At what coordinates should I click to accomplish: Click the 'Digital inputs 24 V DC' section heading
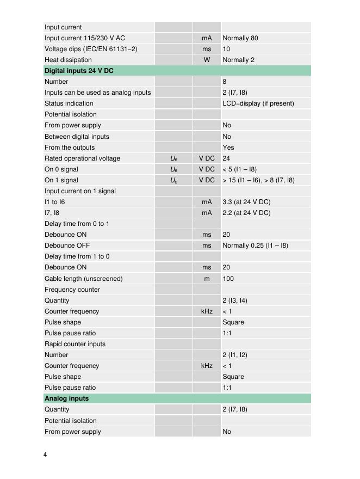(x=79, y=71)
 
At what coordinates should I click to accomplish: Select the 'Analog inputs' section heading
(x=66, y=398)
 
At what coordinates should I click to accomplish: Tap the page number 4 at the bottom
(x=45, y=455)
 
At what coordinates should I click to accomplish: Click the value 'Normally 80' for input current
(x=240, y=38)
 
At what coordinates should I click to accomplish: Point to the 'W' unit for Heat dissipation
(x=207, y=60)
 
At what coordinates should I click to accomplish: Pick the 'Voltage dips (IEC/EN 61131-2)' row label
(x=91, y=49)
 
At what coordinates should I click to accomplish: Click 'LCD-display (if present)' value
(x=258, y=103)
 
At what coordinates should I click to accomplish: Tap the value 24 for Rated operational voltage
(x=226, y=158)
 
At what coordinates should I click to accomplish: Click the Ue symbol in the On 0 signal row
(x=173, y=169)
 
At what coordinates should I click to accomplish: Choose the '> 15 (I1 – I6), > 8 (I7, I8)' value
(x=258, y=180)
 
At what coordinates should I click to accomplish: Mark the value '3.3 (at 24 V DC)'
(x=246, y=202)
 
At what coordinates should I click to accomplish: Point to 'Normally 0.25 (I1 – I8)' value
(x=255, y=245)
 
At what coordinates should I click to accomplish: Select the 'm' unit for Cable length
(x=207, y=279)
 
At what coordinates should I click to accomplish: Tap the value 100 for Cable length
(x=228, y=279)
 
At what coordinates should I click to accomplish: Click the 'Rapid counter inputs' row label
(x=75, y=344)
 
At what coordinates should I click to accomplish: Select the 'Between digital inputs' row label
(x=77, y=137)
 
